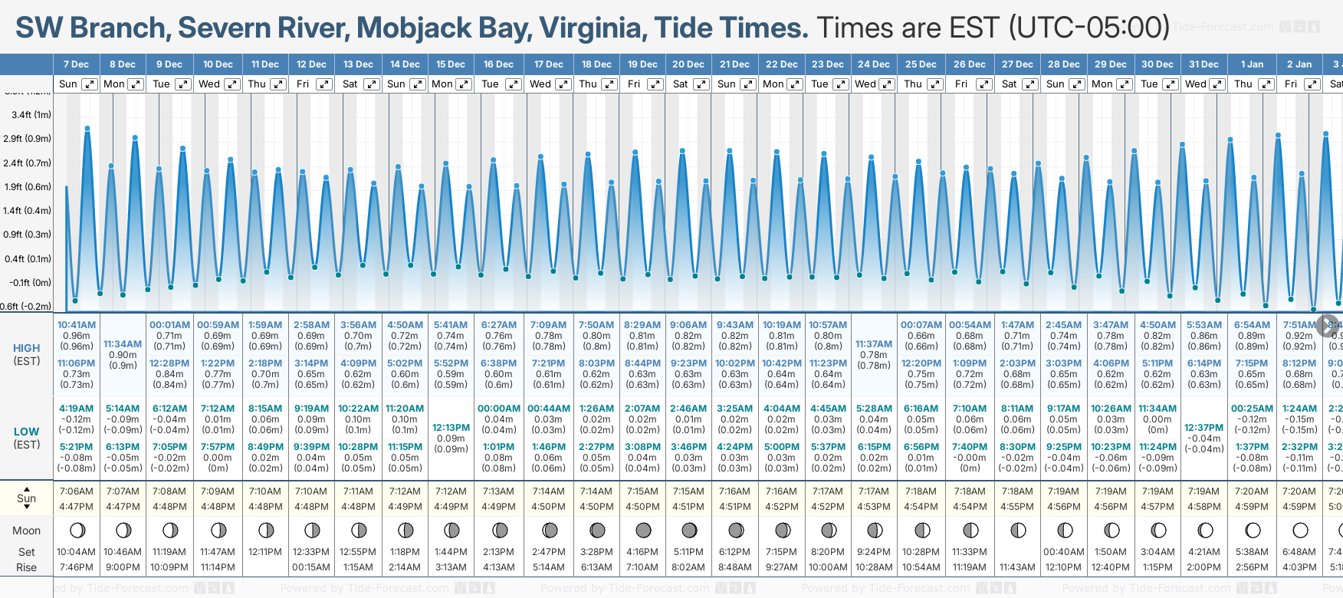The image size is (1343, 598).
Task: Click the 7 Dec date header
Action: tap(76, 64)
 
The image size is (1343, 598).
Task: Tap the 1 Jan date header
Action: tap(1252, 64)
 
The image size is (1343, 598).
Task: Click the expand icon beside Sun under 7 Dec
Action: tap(90, 84)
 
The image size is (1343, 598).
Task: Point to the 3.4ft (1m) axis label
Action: tap(31, 115)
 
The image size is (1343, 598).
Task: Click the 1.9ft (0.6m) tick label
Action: tap(28, 187)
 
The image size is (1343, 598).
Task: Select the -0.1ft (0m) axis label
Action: tap(31, 283)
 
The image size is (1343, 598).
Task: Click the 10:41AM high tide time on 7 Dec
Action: tap(77, 325)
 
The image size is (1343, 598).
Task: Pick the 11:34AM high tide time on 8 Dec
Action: tap(123, 344)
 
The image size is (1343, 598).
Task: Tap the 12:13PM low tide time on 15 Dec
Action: tap(451, 428)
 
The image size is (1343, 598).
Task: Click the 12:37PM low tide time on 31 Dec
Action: tap(1203, 428)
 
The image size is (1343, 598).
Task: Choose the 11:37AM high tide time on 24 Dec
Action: tap(874, 344)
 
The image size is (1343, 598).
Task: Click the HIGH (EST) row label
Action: tap(27, 354)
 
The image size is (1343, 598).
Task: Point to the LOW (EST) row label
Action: tap(27, 438)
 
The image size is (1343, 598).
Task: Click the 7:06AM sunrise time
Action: tap(77, 491)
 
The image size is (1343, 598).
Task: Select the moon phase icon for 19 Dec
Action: tap(643, 530)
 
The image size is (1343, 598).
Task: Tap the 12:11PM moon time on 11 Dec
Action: tap(265, 552)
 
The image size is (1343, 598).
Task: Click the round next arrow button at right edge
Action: tap(1328, 325)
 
